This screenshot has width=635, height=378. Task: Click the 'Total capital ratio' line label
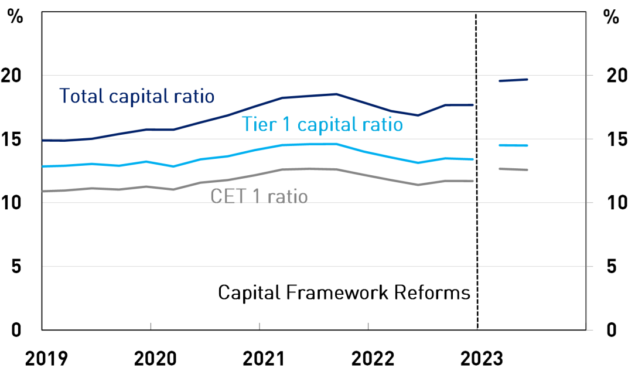[137, 96]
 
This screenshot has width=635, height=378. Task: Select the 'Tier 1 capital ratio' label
[322, 125]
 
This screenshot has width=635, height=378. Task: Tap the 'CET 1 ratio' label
[259, 196]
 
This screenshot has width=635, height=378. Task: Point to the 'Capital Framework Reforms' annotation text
[344, 292]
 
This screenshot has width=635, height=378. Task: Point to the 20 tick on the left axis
[19, 76]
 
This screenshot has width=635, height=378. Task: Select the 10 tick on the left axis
[19, 203]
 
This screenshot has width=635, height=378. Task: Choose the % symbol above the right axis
[611, 17]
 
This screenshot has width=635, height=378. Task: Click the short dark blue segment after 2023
[513, 80]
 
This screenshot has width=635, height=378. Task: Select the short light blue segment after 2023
[513, 145]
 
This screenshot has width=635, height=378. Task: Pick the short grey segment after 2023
[513, 169]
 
